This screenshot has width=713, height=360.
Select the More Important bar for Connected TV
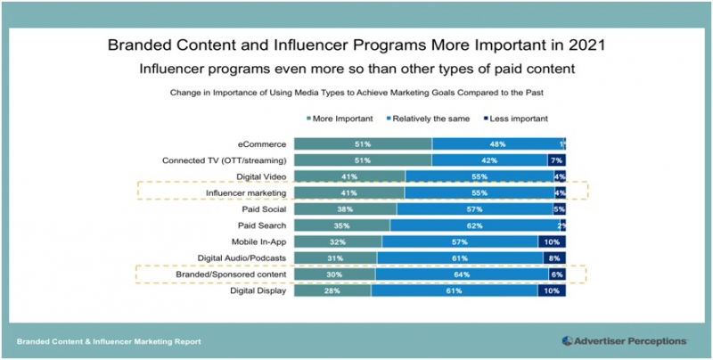[362, 160]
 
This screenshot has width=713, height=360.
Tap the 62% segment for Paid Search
[478, 225]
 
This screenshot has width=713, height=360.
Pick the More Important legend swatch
[307, 118]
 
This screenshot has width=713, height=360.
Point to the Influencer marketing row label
[246, 192]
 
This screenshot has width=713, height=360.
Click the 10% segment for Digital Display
[553, 290]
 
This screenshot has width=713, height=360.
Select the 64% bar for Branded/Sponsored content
[462, 274]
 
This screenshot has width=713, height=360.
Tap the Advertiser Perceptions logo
[624, 340]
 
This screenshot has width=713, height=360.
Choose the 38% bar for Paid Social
[345, 209]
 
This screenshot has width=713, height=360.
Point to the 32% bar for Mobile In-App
[337, 241]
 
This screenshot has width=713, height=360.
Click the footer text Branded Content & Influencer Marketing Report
[109, 341]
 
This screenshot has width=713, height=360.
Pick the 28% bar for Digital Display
[332, 290]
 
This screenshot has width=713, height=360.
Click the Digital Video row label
[259, 176]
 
